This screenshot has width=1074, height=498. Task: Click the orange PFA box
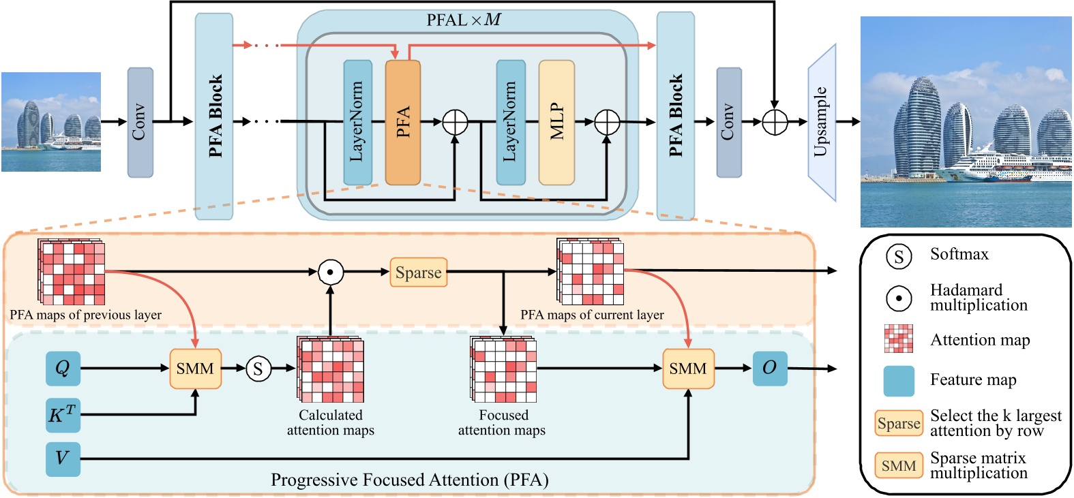(402, 123)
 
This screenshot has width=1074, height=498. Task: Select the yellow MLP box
(556, 123)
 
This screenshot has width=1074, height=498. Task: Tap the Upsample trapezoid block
(822, 123)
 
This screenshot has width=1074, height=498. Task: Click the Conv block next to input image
(140, 123)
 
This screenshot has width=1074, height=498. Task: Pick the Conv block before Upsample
(728, 123)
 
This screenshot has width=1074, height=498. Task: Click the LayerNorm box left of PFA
(357, 123)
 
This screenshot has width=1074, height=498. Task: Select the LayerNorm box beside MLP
(511, 123)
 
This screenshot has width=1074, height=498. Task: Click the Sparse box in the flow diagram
(418, 273)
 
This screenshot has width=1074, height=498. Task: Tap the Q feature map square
(63, 369)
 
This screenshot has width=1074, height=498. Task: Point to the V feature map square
(63, 459)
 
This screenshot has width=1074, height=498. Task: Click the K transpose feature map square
(63, 415)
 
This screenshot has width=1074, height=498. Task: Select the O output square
(769, 369)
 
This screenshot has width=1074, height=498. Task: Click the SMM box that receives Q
(195, 369)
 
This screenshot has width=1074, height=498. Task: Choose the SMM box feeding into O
(688, 369)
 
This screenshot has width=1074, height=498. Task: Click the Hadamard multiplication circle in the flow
(331, 273)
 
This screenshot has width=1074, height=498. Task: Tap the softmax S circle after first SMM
(258, 369)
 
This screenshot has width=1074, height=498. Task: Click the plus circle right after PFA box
(455, 123)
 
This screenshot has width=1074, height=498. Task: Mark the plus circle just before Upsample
(775, 123)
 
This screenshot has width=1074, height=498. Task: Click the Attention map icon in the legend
(898, 339)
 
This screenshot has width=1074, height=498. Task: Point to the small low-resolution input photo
(51, 122)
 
